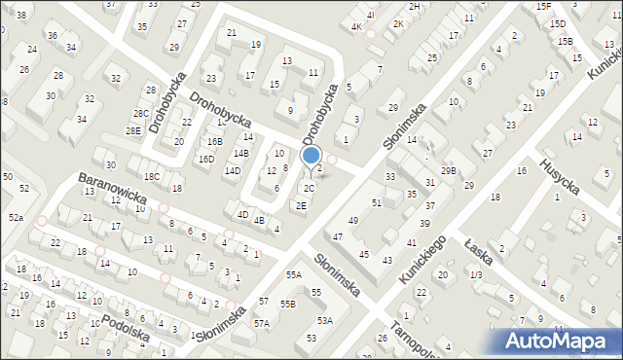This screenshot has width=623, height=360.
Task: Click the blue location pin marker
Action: [311, 156]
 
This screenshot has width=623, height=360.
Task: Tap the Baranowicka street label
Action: [113, 191]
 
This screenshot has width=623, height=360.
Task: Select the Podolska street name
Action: [125, 327]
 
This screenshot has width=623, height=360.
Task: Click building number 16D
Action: [206, 159]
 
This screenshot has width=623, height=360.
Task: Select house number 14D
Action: [233, 171]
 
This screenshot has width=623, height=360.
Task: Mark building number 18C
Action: [152, 177]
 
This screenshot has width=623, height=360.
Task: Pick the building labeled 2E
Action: [302, 205]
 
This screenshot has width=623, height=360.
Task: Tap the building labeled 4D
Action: [243, 214]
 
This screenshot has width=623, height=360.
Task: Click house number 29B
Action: [448, 171]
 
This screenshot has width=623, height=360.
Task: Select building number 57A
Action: [261, 323]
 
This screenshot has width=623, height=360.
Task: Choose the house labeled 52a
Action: [16, 218]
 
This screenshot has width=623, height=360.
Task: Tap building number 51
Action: [376, 202]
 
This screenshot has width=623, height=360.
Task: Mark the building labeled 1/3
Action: [475, 276]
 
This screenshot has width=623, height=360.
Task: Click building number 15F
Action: [542, 7]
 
